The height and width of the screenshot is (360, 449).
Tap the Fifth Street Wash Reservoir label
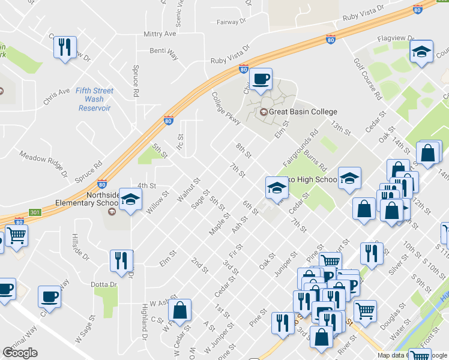(95, 100)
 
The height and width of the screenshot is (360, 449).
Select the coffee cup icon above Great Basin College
(261, 79)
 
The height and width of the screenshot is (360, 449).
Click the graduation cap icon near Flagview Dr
(422, 52)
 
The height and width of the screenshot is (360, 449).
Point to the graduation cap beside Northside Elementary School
(130, 200)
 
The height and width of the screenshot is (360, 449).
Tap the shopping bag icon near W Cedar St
(179, 310)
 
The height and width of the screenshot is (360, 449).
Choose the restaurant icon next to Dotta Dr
(122, 261)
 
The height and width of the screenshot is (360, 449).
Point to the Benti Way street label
(164, 55)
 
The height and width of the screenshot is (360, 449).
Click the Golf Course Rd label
(368, 79)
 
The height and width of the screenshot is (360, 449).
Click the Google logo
(20, 353)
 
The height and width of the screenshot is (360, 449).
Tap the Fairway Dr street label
(231, 22)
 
